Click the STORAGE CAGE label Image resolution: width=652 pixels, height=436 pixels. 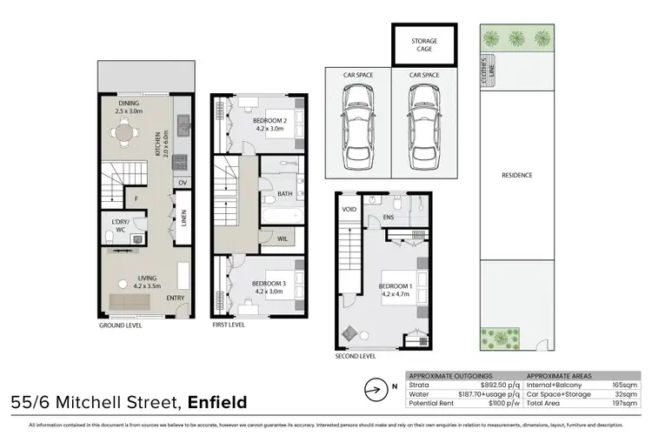(x=423, y=44)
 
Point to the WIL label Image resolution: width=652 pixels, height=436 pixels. (x=283, y=238)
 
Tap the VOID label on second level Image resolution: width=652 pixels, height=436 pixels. (x=349, y=210)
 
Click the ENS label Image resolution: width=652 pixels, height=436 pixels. (x=389, y=218)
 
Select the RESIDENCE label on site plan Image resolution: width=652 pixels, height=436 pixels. (x=516, y=175)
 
